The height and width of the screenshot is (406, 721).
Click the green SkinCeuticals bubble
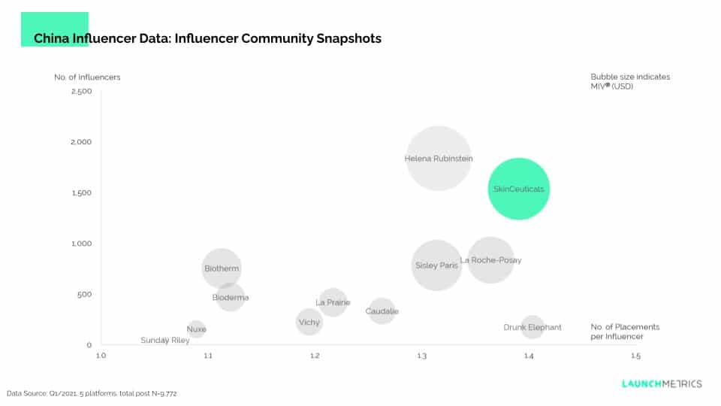518,189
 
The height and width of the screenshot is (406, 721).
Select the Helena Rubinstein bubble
439,158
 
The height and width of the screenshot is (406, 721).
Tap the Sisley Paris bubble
436,265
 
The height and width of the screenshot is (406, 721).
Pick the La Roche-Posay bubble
490,260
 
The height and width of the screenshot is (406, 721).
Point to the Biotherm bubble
222,268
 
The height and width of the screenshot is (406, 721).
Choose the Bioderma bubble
231,297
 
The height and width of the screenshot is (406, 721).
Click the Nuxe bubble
196,329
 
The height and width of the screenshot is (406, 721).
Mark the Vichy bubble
309,323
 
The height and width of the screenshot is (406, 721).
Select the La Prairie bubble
333,302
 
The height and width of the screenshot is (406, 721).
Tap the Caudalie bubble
382,311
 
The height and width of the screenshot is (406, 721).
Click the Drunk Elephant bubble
532,327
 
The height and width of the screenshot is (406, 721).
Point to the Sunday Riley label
165,341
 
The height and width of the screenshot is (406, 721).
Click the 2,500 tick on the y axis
81,92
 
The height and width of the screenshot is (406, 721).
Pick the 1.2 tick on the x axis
314,356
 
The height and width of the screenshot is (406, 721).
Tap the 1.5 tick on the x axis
635,356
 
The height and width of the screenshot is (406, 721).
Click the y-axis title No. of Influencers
87,77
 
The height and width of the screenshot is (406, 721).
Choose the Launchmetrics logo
662,383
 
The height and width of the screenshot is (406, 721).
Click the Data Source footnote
92,393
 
